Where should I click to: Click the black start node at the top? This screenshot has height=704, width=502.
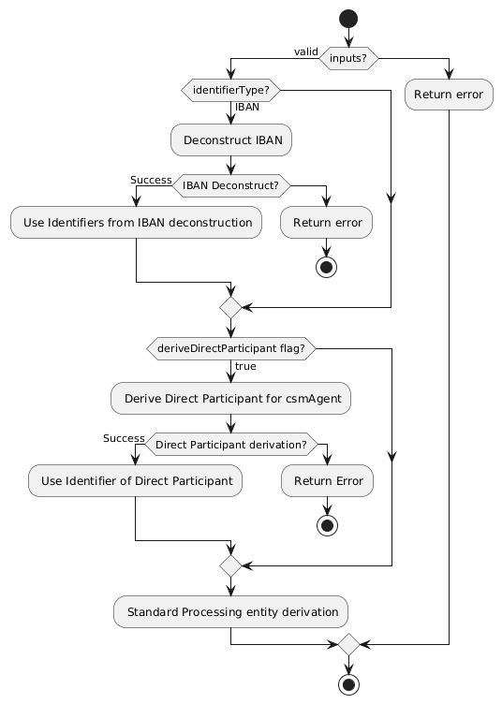[348, 18]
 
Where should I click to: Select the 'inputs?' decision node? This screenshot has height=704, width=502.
[348, 57]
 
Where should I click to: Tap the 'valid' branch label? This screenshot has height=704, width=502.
[305, 51]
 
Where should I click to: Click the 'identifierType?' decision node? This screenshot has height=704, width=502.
[230, 91]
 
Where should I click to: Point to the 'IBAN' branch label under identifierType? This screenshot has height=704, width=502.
[247, 108]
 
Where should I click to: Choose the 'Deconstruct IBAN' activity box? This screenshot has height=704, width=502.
[230, 140]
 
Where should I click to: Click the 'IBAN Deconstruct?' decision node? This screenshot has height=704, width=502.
[230, 184]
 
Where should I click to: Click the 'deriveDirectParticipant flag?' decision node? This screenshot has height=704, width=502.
[230, 348]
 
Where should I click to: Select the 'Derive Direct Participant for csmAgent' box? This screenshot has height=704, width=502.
[230, 398]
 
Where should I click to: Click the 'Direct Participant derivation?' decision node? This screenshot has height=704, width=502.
[230, 443]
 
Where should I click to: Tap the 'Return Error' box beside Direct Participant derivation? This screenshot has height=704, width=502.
[328, 480]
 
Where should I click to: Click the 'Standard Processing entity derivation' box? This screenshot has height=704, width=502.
[230, 611]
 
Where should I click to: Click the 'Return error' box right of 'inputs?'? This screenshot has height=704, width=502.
[449, 94]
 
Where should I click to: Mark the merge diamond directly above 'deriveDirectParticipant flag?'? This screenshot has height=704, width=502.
[230, 306]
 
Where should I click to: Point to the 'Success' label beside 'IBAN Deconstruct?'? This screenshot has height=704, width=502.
[151, 180]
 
